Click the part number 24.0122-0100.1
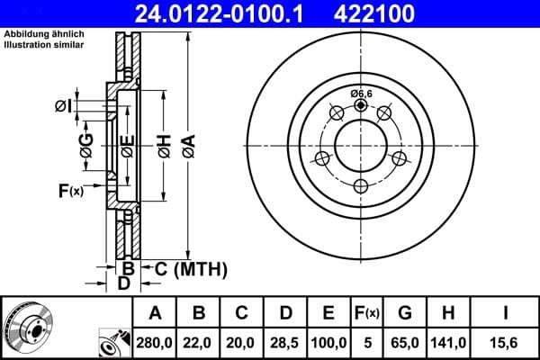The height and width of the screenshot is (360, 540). click(x=234, y=13)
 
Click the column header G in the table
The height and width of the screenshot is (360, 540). click(x=404, y=312)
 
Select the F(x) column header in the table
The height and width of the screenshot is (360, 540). click(x=366, y=312)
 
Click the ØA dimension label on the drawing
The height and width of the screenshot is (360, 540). click(x=187, y=143)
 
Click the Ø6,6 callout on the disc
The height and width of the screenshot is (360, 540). click(x=361, y=93)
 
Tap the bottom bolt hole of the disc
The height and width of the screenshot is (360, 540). click(x=361, y=186)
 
